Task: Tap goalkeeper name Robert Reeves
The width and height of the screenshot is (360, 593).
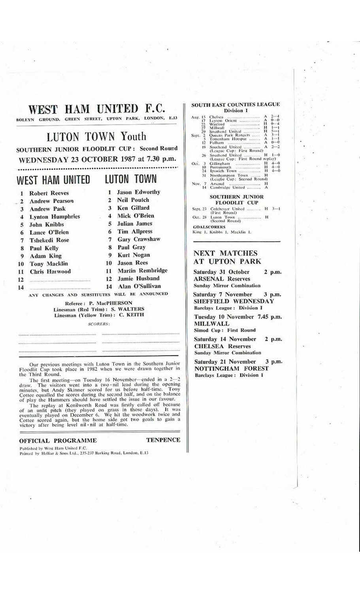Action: (49, 193)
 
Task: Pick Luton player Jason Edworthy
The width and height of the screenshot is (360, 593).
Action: (139, 192)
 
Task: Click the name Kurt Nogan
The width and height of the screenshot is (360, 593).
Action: (134, 255)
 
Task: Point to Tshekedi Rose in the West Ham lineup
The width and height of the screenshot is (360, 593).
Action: (49, 240)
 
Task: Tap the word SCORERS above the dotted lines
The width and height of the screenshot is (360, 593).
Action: (99, 324)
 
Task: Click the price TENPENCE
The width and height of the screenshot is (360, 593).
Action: (163, 440)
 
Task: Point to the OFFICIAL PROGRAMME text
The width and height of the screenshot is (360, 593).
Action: (58, 440)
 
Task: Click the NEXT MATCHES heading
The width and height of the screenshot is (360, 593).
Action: (225, 253)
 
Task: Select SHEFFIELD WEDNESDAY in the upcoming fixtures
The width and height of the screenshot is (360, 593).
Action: (234, 301)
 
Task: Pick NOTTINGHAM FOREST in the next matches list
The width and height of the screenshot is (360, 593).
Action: (231, 368)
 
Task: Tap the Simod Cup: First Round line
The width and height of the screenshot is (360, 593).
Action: (224, 330)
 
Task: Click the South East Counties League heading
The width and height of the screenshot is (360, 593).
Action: (235, 105)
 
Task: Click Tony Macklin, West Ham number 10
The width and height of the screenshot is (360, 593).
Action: (49, 264)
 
